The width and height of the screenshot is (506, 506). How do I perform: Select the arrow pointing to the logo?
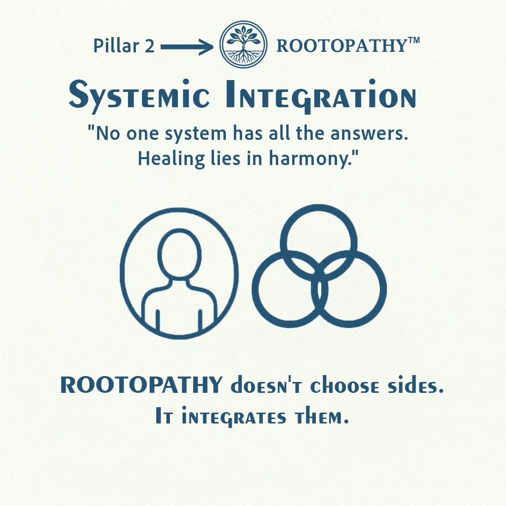(x=187, y=47)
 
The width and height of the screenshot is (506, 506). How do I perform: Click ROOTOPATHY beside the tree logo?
(x=341, y=46)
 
